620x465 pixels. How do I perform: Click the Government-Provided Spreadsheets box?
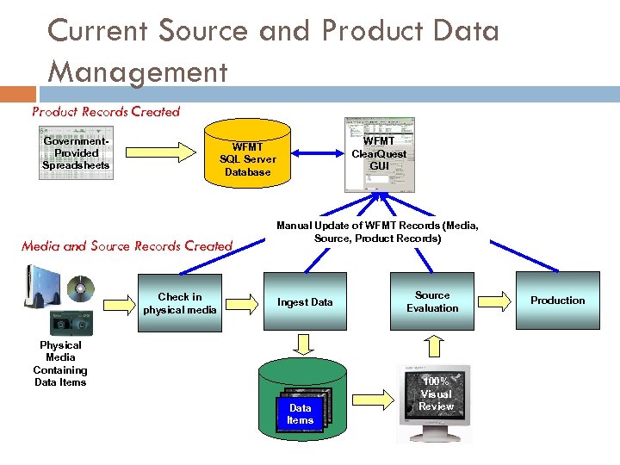tap(77, 153)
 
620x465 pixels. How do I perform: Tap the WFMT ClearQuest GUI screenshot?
tap(379, 154)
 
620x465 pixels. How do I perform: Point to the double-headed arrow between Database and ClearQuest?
tap(310, 153)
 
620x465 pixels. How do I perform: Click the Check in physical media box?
tap(180, 303)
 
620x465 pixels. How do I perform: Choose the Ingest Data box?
tap(304, 301)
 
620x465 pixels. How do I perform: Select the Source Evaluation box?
tap(432, 301)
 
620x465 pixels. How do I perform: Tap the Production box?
tap(557, 301)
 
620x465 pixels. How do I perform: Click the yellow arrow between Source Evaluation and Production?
tap(494, 301)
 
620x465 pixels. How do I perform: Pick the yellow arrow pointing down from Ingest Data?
tap(304, 344)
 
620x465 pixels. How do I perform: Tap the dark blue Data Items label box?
tap(300, 414)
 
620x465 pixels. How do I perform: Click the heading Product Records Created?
tap(105, 111)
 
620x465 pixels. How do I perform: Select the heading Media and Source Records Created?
tap(127, 246)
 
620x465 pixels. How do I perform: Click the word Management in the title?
tap(138, 71)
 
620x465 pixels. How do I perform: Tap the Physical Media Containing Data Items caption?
tap(60, 363)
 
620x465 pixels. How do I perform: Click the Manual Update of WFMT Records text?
tap(377, 232)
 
